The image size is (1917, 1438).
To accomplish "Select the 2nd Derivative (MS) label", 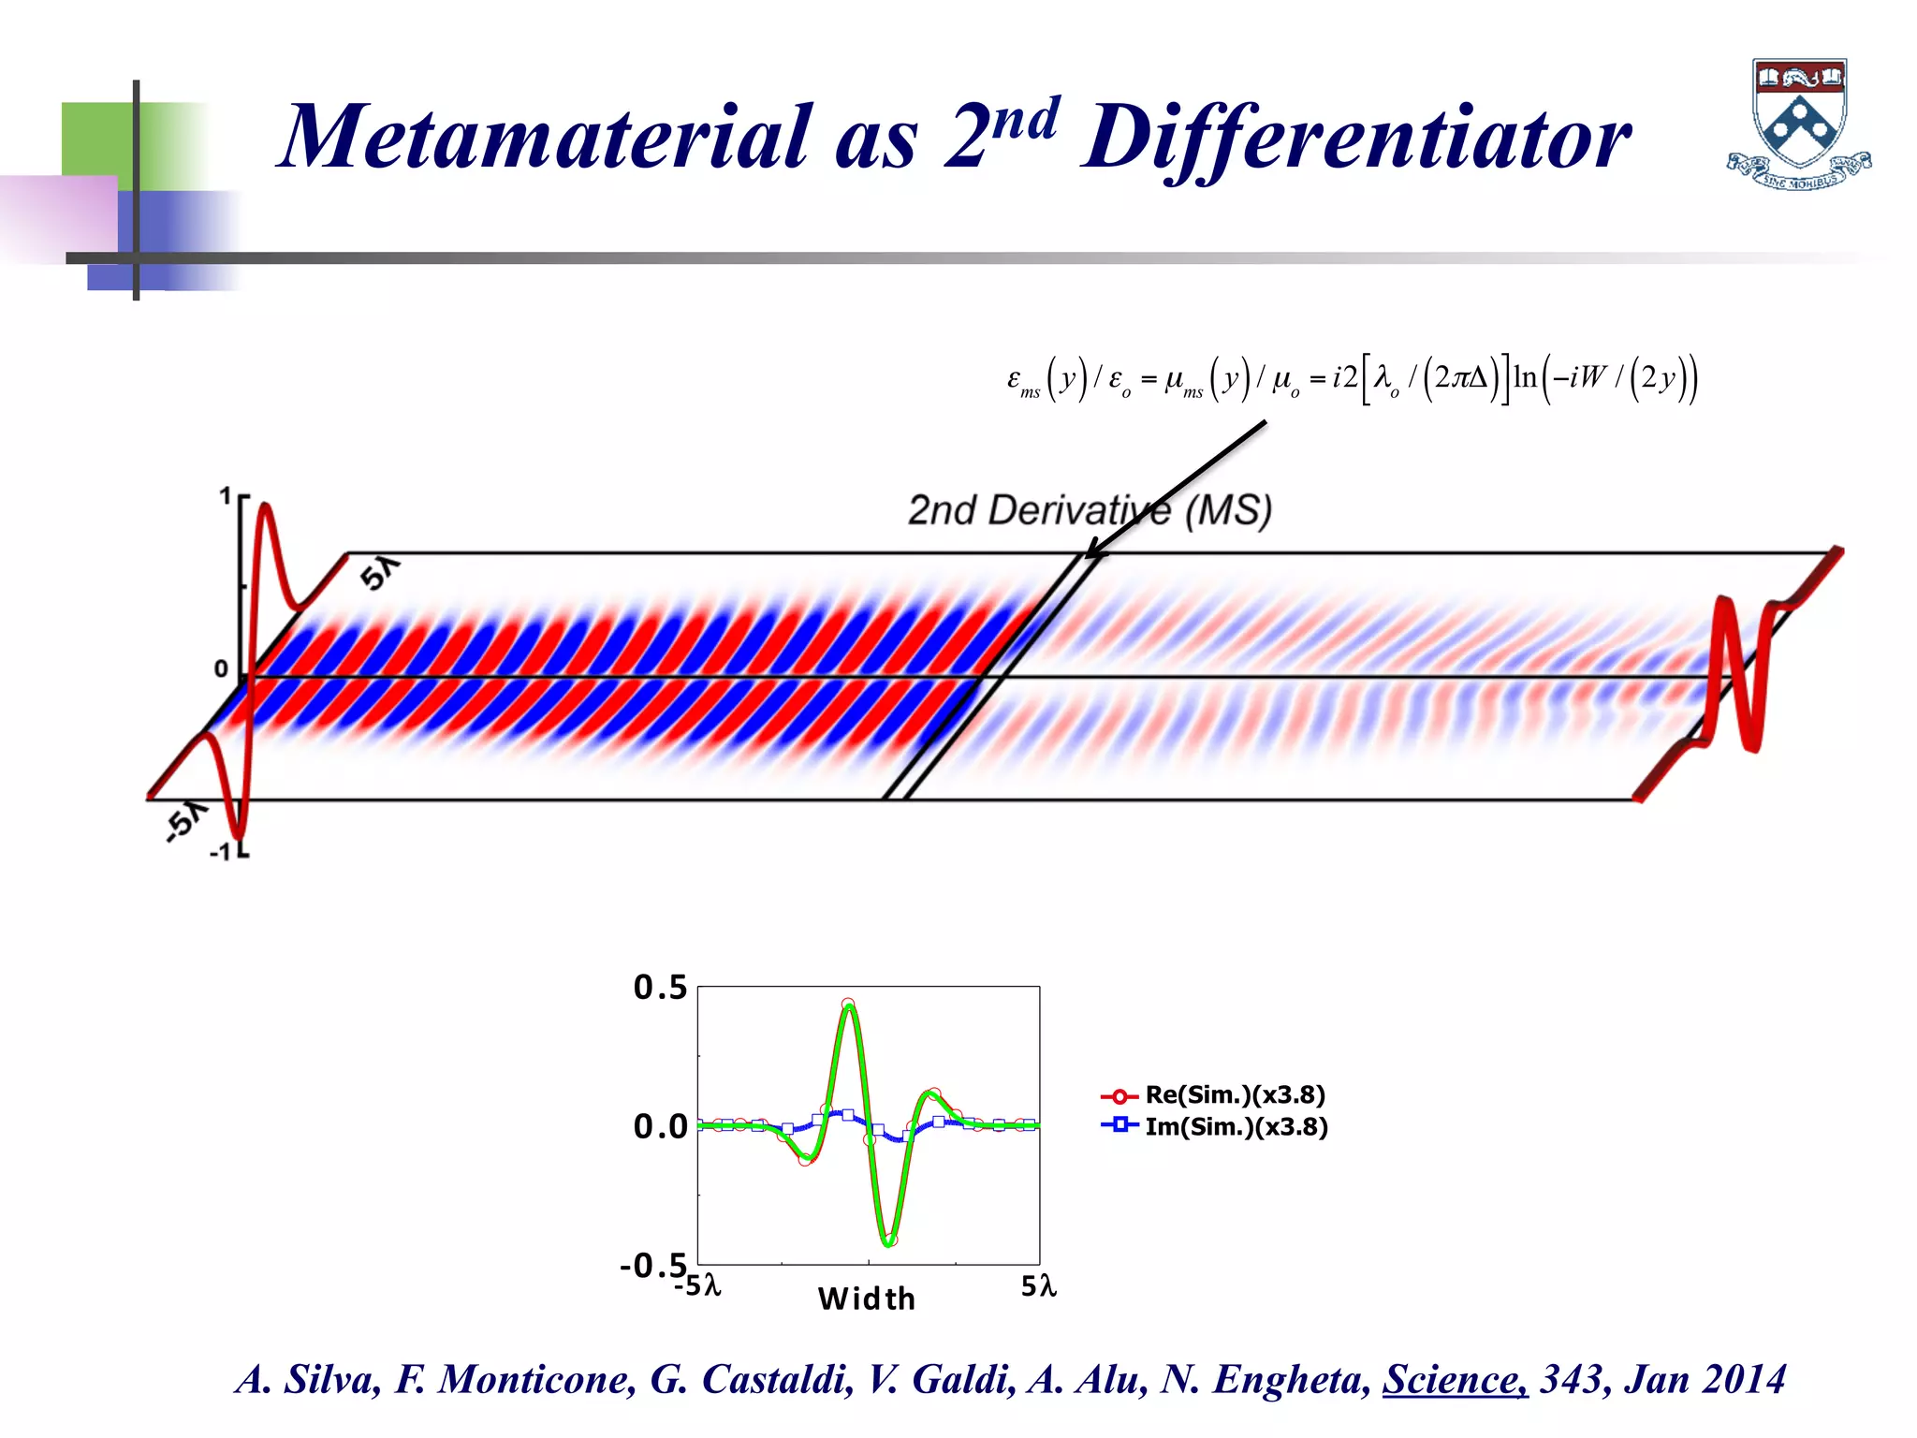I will (x=1090, y=511).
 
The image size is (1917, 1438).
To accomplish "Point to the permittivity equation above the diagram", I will (x=1352, y=378).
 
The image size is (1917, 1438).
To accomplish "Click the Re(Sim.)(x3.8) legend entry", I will (x=1235, y=1095).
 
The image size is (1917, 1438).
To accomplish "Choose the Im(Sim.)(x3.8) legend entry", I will (x=1236, y=1126).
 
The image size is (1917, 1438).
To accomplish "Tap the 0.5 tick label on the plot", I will (x=660, y=988).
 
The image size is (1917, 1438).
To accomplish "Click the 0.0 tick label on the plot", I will (x=660, y=1126).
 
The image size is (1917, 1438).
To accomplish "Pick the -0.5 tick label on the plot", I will (x=653, y=1266).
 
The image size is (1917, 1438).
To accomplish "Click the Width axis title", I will (x=867, y=1299).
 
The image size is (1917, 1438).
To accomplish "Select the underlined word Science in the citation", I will (x=1455, y=1379).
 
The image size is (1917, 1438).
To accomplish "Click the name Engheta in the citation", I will (x=1291, y=1379).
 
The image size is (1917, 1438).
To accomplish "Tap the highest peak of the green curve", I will (x=848, y=1006).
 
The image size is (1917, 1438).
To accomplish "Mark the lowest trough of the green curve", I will (x=888, y=1242).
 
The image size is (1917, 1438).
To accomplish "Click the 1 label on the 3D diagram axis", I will (x=225, y=496).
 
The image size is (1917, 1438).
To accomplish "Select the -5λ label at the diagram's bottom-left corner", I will (x=185, y=821).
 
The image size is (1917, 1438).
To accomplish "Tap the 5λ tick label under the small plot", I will (x=1038, y=1286).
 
